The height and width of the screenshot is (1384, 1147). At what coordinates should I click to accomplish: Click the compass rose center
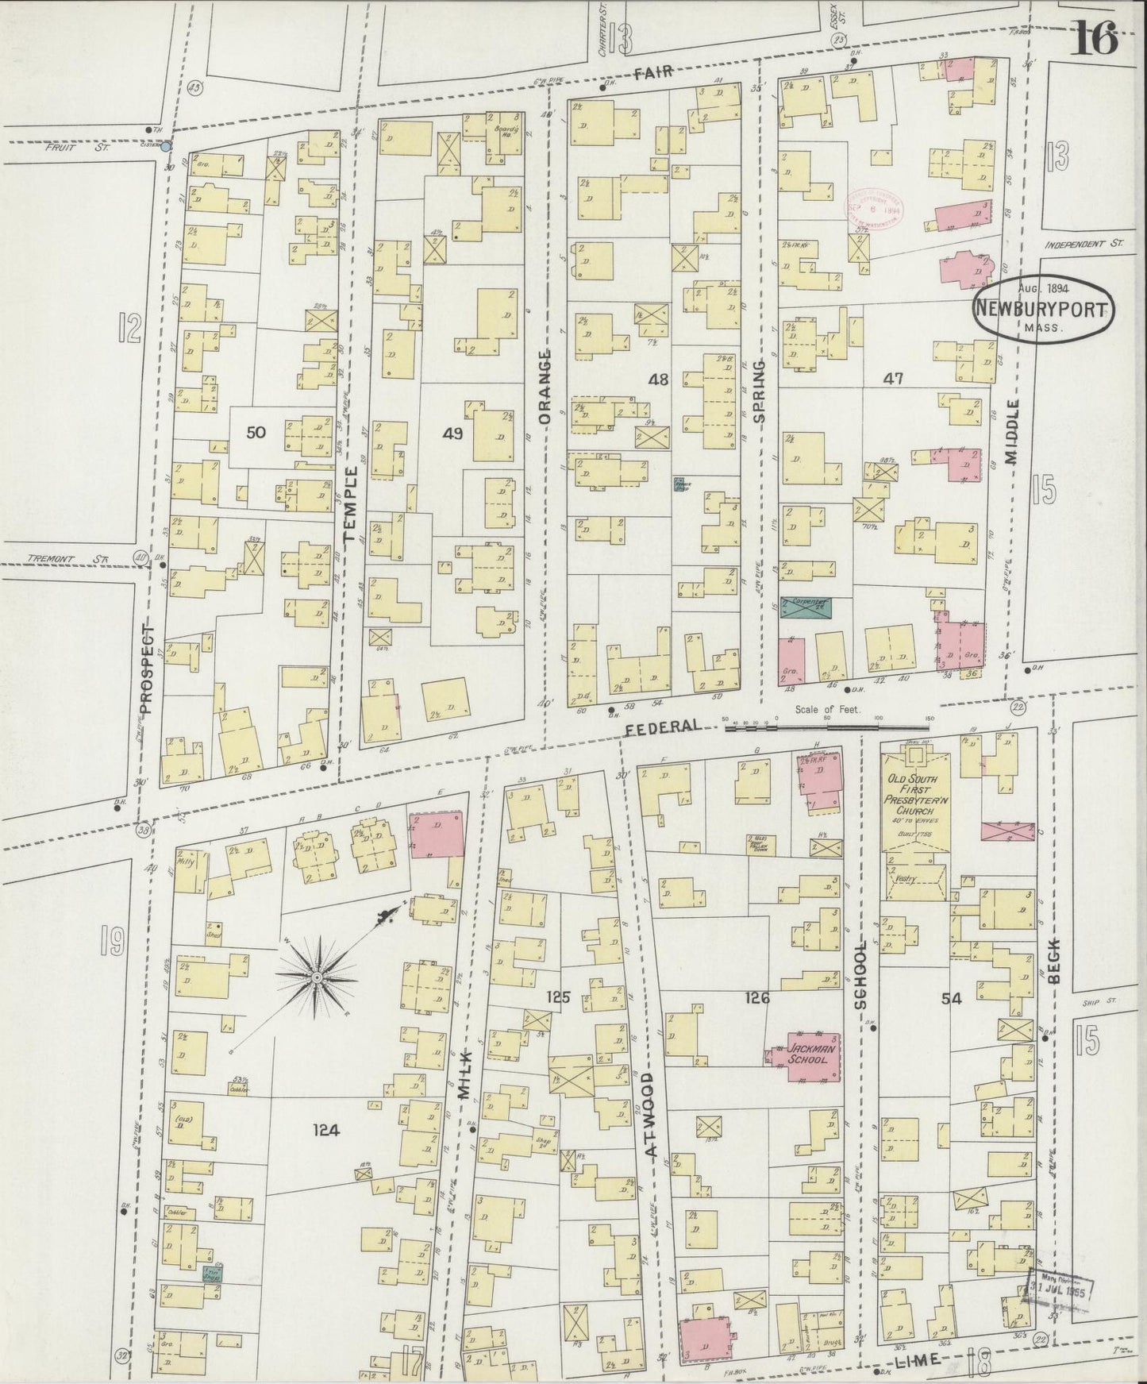pos(317,976)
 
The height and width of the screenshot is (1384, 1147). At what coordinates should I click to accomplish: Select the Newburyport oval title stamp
pos(1043,308)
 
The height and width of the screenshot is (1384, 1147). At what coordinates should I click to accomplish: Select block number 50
pos(256,432)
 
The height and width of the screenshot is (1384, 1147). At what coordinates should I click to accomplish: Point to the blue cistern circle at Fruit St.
pos(165,146)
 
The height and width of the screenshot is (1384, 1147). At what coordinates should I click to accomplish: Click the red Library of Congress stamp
pos(875,209)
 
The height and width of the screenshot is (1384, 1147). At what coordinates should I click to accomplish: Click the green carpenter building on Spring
pos(806,607)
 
